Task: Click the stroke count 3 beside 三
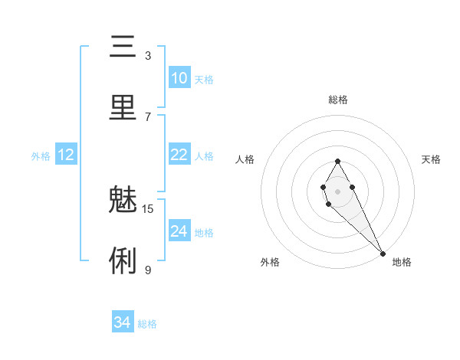point(148,56)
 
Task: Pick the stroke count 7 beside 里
point(148,116)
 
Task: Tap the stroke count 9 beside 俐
point(148,270)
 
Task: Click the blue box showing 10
point(179,78)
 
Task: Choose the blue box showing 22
point(179,155)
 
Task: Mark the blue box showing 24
point(179,231)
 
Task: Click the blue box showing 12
point(66,155)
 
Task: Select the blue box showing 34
point(122,322)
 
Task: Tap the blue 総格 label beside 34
point(147,324)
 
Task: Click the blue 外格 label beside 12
point(41,156)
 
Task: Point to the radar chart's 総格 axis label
point(337,100)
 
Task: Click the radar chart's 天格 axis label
point(431,159)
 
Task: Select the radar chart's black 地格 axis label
point(402,262)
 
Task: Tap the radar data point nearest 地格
point(383,253)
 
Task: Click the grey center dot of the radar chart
point(337,190)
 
